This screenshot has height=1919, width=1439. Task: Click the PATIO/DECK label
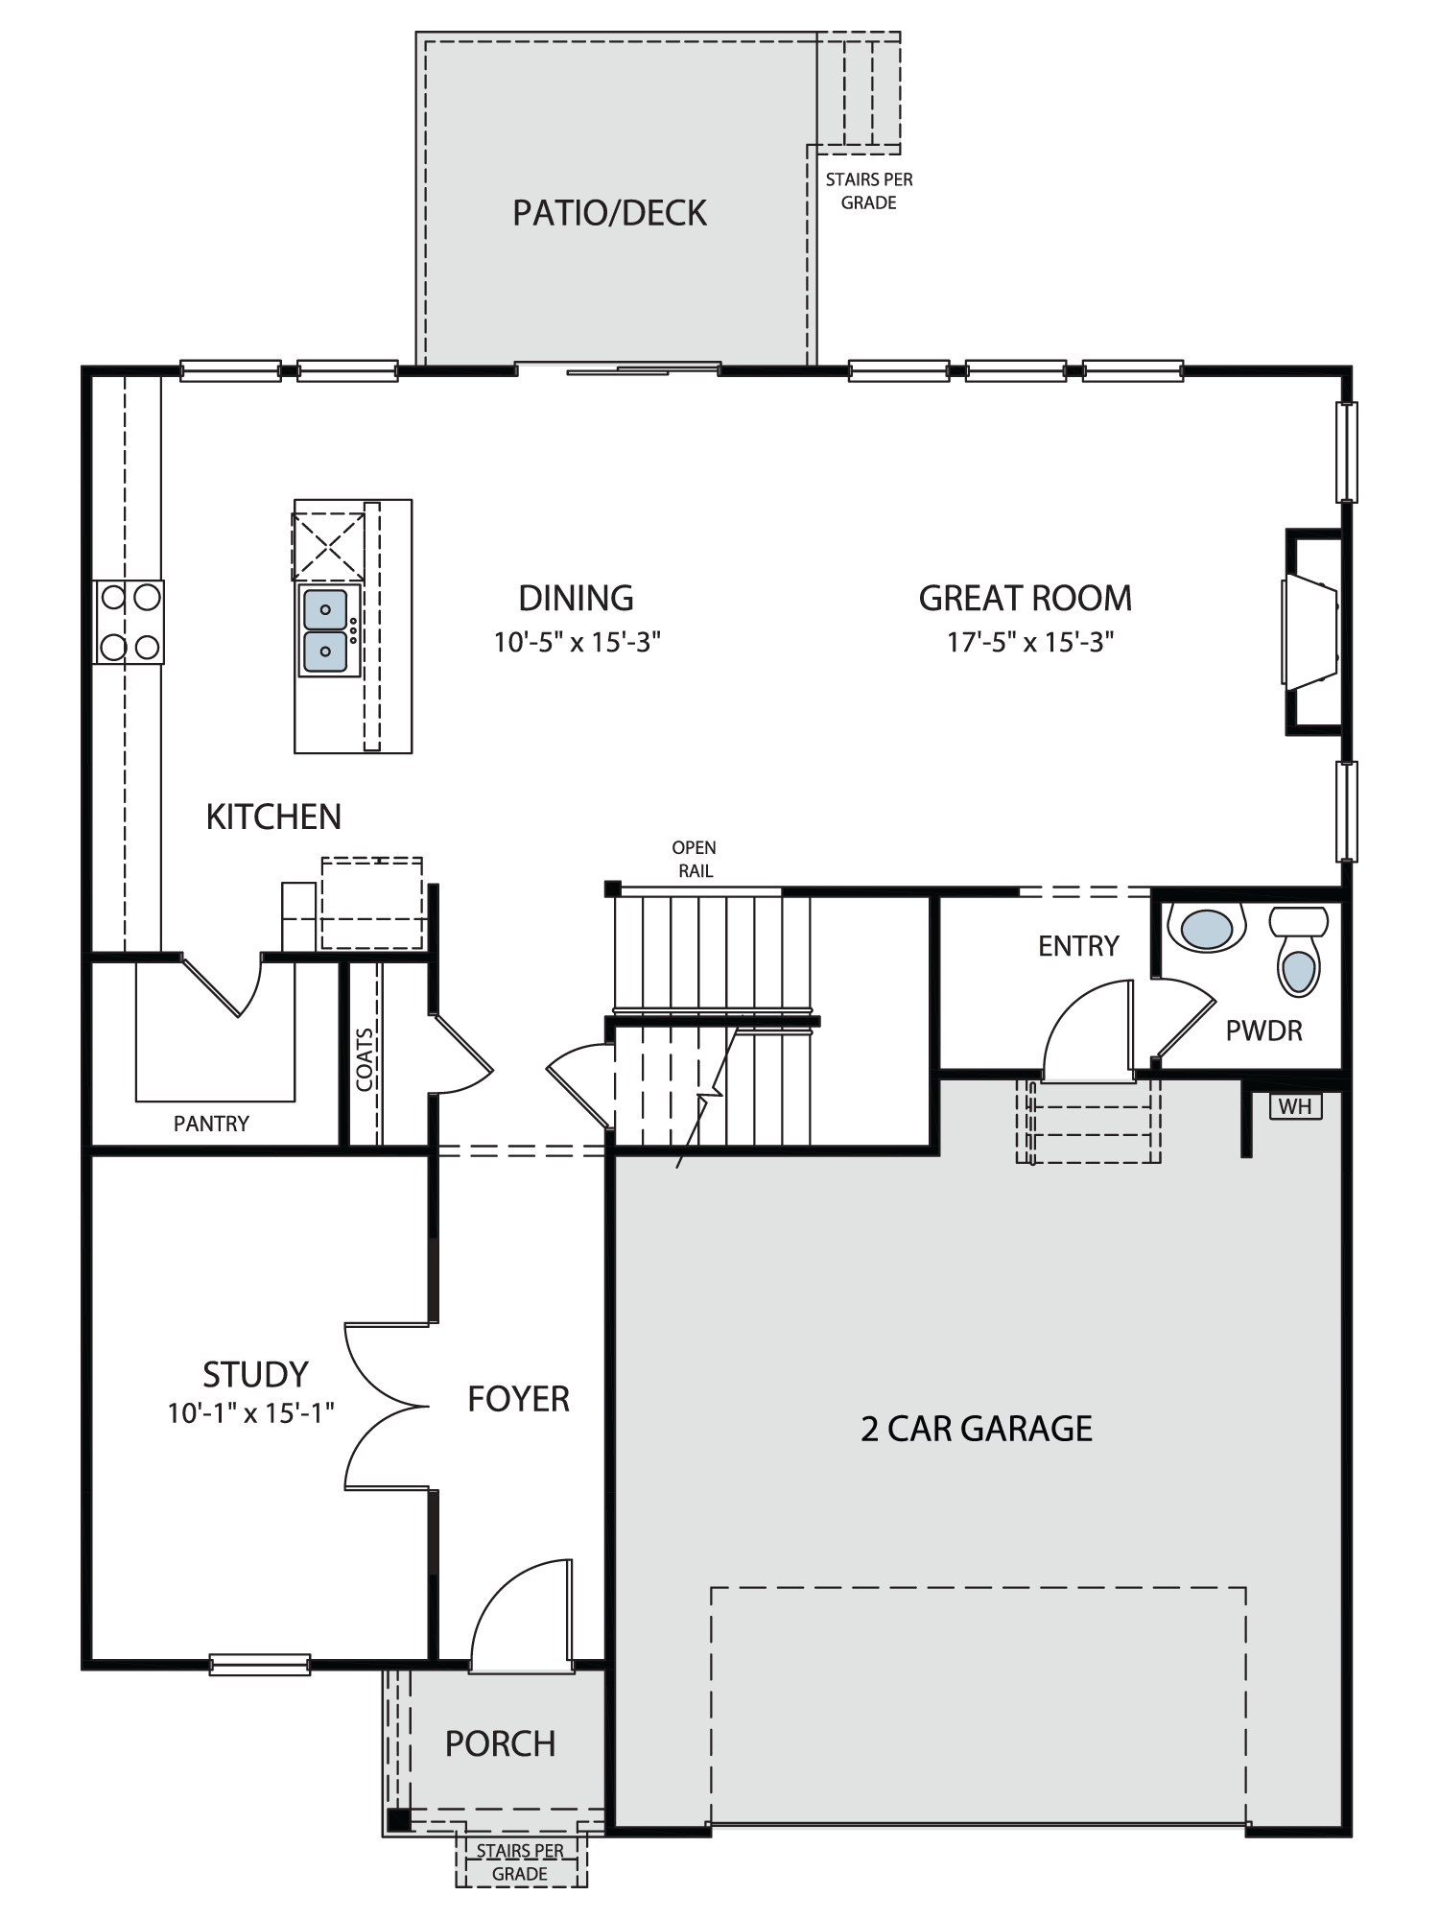coord(609,213)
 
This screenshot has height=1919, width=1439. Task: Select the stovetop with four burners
coord(129,622)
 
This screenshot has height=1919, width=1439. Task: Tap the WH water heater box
coord(1295,1106)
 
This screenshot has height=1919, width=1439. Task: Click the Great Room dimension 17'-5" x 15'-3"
coord(1030,642)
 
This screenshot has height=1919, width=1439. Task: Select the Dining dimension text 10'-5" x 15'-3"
coord(578,642)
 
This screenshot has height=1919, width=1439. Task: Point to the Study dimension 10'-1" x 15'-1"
coord(251,1412)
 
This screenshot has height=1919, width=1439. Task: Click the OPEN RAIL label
coord(694,860)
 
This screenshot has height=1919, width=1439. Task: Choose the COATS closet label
coord(365,1060)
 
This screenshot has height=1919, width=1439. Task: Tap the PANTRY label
coord(211,1124)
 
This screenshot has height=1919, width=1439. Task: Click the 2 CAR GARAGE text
coord(977,1429)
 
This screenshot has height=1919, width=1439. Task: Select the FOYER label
coord(518,1399)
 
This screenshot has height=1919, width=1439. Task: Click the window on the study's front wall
coord(260,1664)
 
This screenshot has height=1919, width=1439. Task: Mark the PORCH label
coord(500,1743)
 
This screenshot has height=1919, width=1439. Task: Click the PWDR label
coord(1263,1031)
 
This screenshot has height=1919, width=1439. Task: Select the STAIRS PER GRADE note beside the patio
coord(869,191)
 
